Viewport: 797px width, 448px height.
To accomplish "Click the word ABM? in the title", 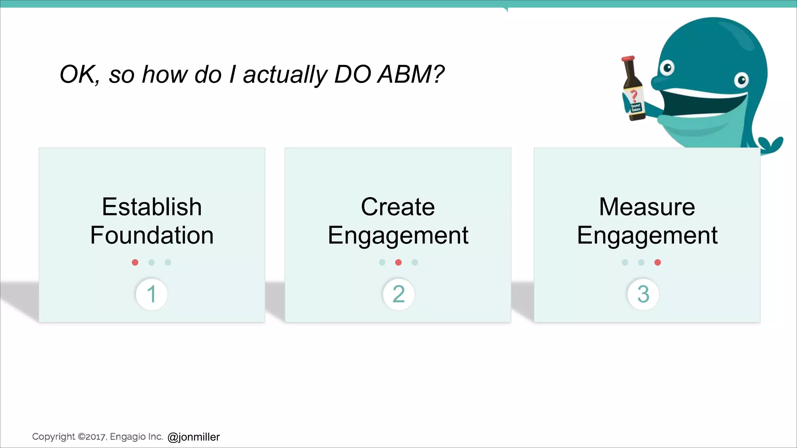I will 411,74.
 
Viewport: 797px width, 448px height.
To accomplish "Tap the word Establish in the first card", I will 152,206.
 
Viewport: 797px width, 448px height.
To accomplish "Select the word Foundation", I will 152,235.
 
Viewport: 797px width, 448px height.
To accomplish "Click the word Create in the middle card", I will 398,206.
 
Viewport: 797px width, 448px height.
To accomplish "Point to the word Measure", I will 647,206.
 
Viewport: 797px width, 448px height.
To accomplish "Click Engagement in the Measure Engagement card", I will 647,235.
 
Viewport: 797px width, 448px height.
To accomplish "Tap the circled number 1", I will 152,294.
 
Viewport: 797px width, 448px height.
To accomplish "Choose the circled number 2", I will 398,294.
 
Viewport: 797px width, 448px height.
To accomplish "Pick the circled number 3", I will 643,294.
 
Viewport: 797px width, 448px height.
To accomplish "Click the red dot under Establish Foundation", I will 135,262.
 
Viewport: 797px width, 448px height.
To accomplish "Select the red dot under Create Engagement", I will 398,262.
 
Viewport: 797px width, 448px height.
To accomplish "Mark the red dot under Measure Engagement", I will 658,262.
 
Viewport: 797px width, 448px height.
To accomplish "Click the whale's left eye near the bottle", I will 667,68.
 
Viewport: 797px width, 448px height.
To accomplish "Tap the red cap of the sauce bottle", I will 628,59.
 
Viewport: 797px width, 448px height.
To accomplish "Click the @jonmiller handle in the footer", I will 193,437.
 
